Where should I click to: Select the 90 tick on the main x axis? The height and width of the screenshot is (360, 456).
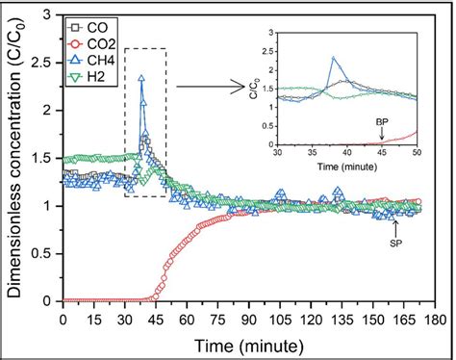(249, 319)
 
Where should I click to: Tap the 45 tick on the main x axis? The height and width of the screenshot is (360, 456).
(156, 319)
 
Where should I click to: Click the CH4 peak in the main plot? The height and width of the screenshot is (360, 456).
(141, 79)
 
